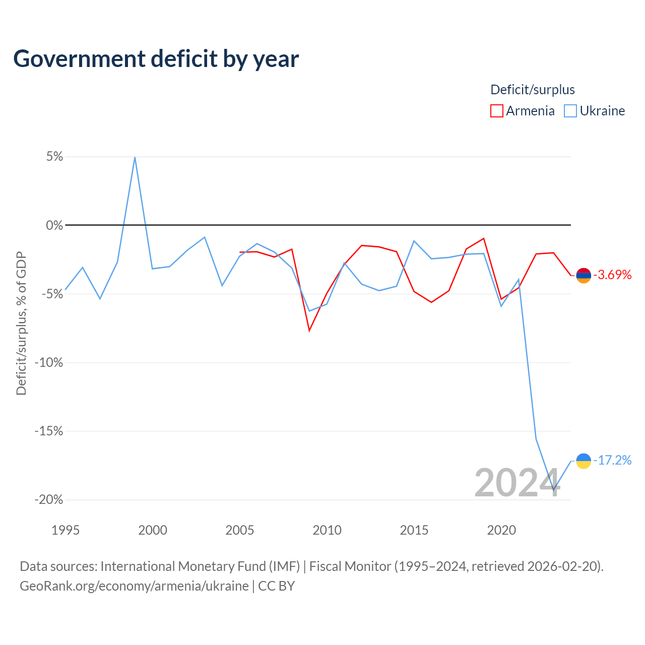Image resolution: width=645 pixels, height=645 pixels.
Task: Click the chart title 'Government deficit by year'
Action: [156, 59]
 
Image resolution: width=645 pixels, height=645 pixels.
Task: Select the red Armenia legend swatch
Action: [496, 111]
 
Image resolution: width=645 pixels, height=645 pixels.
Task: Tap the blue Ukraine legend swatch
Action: [570, 111]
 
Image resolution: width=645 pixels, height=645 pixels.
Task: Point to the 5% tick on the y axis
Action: [54, 157]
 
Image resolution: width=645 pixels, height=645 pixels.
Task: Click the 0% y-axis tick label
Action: [54, 225]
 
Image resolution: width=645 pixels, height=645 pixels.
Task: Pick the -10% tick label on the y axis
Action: [49, 362]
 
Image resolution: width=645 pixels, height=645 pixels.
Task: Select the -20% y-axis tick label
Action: [49, 500]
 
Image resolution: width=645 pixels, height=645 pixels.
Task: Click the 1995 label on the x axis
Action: [66, 530]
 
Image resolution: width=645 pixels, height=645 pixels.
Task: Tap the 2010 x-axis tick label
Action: [327, 530]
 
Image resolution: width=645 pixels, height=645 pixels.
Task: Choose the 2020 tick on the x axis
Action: [501, 530]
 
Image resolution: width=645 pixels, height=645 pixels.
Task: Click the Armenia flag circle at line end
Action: [584, 276]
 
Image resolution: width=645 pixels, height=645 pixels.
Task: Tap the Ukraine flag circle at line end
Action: [584, 461]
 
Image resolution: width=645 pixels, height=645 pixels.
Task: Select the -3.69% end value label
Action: [613, 275]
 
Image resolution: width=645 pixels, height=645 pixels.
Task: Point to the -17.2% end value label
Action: [613, 460]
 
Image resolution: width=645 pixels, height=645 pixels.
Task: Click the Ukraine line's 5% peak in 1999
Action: [135, 157]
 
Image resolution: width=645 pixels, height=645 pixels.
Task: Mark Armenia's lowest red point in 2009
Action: [309, 331]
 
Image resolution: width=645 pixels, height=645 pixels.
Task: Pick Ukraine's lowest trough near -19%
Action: [554, 490]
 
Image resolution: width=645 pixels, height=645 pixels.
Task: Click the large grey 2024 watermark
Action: [517, 482]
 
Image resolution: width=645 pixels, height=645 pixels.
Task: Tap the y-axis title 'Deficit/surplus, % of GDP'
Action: [21, 324]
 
